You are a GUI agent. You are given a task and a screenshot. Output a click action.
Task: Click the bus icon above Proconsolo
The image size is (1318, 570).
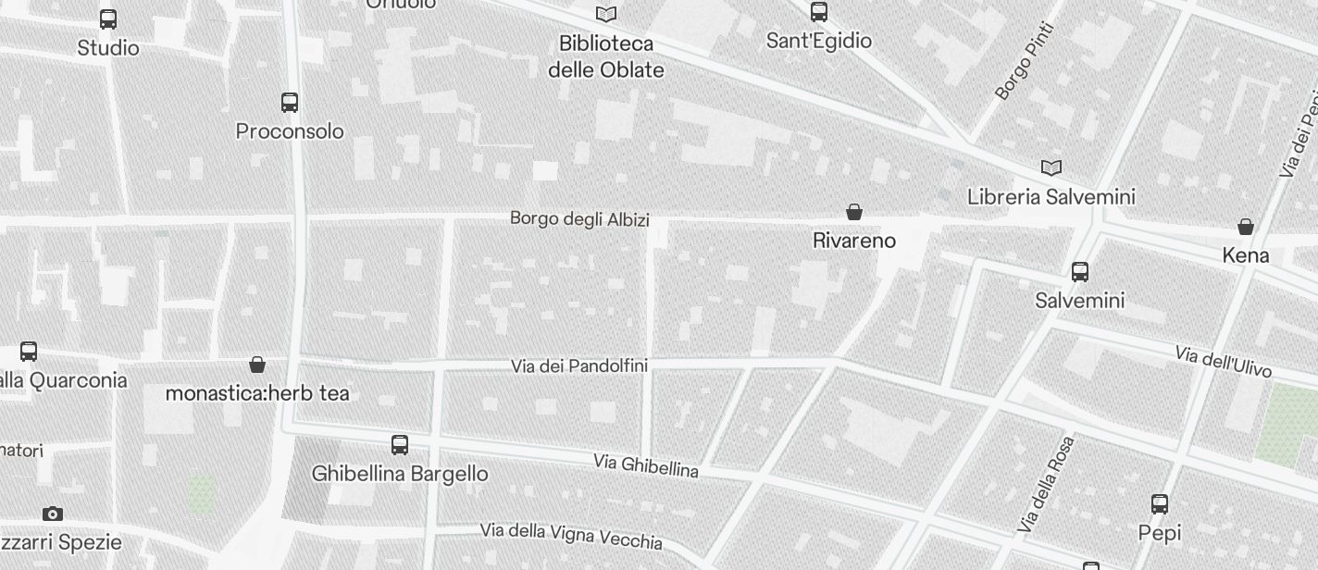[290, 103]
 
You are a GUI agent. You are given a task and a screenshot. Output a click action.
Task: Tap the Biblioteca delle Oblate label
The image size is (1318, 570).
[606, 56]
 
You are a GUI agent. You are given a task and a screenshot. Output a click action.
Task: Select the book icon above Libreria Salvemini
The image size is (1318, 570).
[1051, 167]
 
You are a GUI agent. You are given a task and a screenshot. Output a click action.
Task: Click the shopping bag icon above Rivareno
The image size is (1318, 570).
[854, 212]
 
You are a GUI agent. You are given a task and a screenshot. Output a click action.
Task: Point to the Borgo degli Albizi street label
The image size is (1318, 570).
[579, 219]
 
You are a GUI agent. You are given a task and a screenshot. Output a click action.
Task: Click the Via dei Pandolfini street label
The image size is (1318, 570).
[579, 366]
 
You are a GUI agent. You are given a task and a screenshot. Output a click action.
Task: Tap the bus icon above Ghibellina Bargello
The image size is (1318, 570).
[400, 445]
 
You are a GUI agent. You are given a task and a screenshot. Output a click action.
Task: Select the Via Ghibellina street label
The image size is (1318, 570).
[646, 465]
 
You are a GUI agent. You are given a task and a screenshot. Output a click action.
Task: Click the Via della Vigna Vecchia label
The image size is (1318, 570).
[571, 536]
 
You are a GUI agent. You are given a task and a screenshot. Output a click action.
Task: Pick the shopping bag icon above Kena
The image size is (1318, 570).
[1246, 227]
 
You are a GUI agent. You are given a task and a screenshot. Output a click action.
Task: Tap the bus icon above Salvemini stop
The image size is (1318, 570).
[1080, 272]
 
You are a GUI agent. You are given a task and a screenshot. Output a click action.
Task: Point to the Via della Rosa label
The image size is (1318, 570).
[1046, 485]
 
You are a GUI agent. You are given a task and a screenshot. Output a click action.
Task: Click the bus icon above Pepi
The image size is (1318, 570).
[1160, 504]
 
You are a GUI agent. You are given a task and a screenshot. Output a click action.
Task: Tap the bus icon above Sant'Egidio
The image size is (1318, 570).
[819, 12]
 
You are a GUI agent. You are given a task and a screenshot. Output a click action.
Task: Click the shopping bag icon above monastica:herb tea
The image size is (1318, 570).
[257, 366]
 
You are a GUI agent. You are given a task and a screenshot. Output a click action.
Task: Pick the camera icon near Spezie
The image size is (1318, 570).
[53, 514]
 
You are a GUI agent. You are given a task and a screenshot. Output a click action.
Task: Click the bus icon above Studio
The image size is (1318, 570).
[108, 19]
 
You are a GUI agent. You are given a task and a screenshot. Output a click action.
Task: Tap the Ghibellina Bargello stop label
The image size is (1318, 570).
[400, 474]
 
